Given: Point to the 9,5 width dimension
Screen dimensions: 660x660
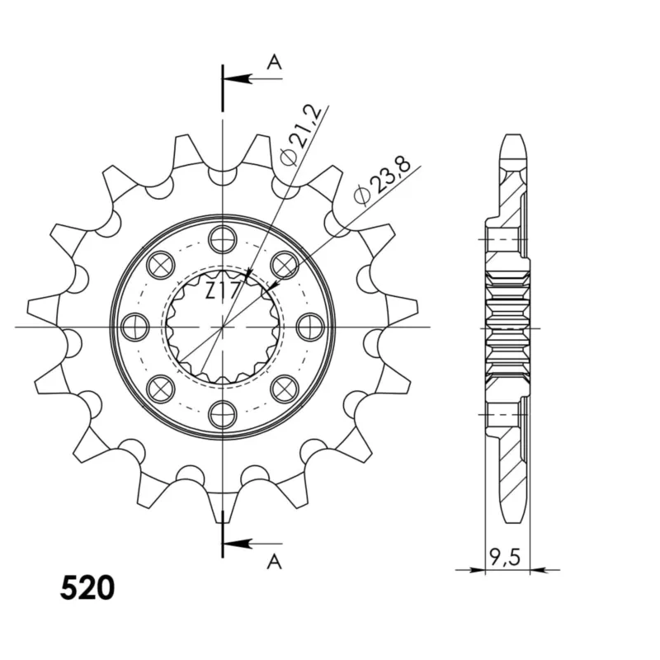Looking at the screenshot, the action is coord(505,557).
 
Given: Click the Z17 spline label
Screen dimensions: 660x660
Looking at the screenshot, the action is coord(224,290).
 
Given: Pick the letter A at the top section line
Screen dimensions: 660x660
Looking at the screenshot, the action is coord(274,63).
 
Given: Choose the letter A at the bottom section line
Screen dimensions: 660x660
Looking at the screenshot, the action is coord(274,561).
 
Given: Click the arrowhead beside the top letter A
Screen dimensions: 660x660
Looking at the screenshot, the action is coord(238,78).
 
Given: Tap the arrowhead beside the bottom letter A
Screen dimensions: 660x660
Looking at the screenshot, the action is coord(238,544).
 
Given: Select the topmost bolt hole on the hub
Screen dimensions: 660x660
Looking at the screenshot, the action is coord(222,239).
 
